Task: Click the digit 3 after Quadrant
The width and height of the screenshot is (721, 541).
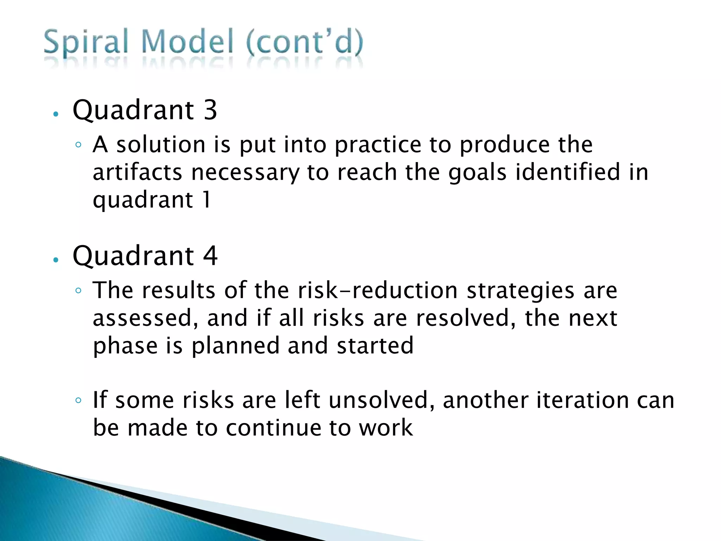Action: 210,110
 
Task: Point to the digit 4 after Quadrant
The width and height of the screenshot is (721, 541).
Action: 210,256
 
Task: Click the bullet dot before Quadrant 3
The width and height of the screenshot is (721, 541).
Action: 55,114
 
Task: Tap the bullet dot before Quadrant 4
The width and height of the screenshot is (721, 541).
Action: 55,260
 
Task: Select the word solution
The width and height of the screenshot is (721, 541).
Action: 161,145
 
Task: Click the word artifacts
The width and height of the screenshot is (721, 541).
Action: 137,172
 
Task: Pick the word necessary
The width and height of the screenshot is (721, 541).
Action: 245,173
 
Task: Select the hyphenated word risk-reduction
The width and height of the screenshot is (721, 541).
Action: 378,291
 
